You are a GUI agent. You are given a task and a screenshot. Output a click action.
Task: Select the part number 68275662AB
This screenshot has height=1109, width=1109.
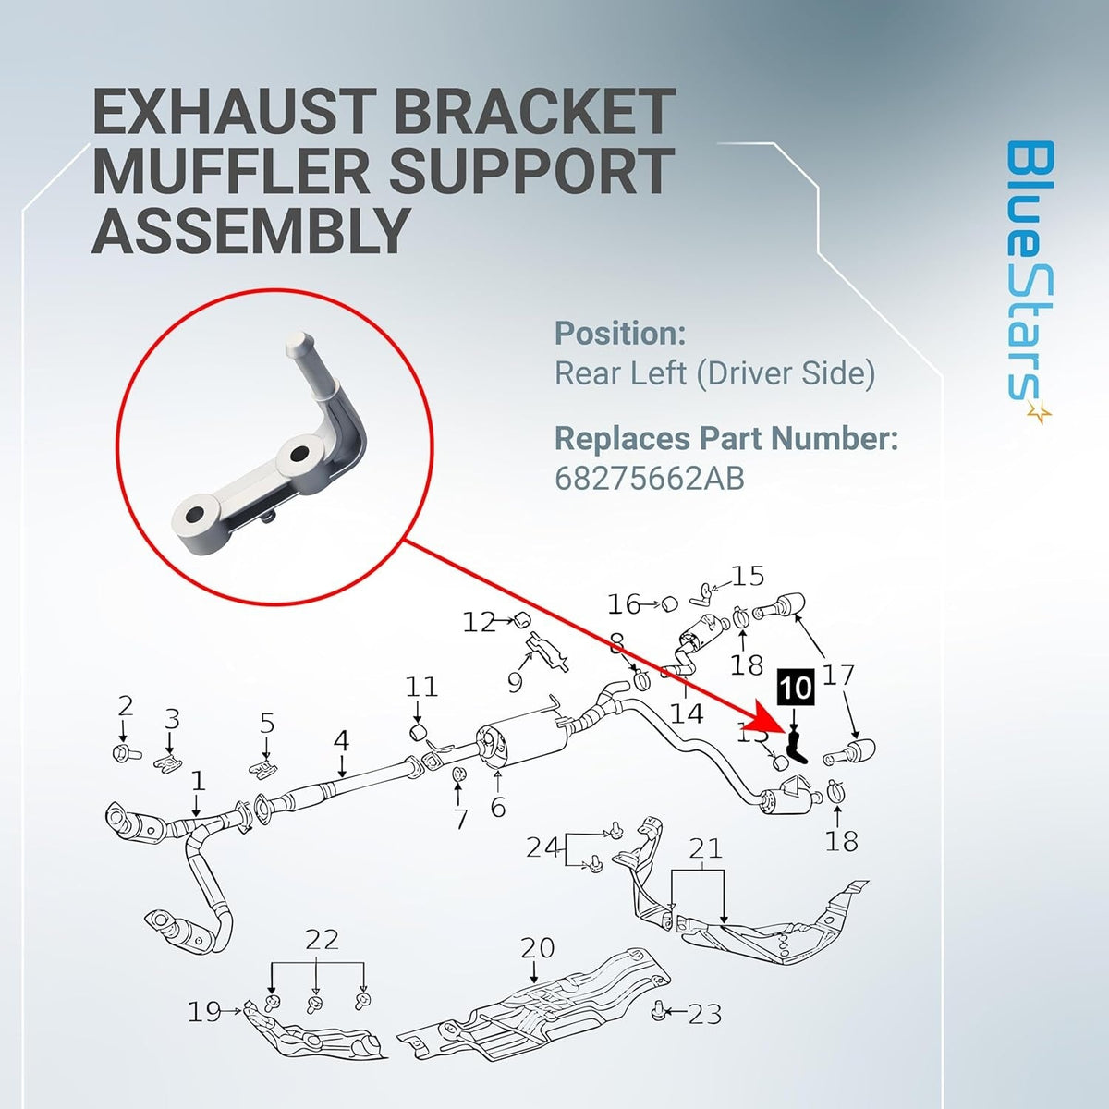coord(649,478)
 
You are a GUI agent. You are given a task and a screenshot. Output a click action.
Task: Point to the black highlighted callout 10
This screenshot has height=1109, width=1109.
coord(797,687)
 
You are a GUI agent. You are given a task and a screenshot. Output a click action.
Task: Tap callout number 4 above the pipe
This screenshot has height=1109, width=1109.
coord(341,740)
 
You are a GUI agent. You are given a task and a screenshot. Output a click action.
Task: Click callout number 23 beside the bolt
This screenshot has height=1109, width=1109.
coord(705,1030)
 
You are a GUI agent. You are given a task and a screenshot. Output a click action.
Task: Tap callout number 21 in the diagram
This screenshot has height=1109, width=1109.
coord(705,848)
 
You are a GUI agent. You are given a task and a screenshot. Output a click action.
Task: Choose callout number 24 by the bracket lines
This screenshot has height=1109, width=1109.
coord(543,847)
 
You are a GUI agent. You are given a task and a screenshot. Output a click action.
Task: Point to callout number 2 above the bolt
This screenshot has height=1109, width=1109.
coord(126,705)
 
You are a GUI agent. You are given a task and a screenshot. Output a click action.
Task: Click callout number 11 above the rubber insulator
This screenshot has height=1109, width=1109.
coord(421,687)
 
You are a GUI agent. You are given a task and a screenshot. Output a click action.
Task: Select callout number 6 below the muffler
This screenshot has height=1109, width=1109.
coord(498,807)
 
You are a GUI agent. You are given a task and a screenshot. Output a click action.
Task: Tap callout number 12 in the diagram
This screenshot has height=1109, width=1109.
coord(480,622)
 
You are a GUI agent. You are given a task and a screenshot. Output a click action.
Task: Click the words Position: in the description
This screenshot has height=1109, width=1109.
coord(620,334)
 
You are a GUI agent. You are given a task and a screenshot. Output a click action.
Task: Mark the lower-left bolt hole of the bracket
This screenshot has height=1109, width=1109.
coord(196,514)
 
